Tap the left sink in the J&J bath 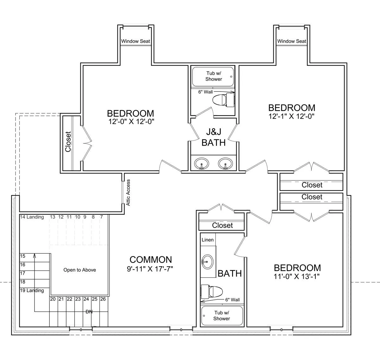click(x=201, y=164)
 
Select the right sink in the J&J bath click(x=225, y=164)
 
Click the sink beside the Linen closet click(x=207, y=262)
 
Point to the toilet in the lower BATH click(x=212, y=292)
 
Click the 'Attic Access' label click(x=128, y=193)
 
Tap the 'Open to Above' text click(x=79, y=270)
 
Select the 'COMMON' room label click(x=151, y=260)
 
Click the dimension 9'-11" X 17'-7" click(x=150, y=269)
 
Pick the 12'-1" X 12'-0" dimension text click(x=291, y=116)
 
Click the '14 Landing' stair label click(x=32, y=217)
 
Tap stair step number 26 click(x=103, y=299)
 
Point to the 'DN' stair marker click(x=89, y=312)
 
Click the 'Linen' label click(x=208, y=240)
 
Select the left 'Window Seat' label click(x=136, y=41)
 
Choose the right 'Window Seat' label click(x=292, y=41)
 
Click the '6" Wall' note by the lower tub click(x=232, y=300)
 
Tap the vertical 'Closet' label click(x=68, y=142)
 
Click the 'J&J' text click(x=213, y=132)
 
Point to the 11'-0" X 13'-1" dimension click(x=297, y=276)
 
